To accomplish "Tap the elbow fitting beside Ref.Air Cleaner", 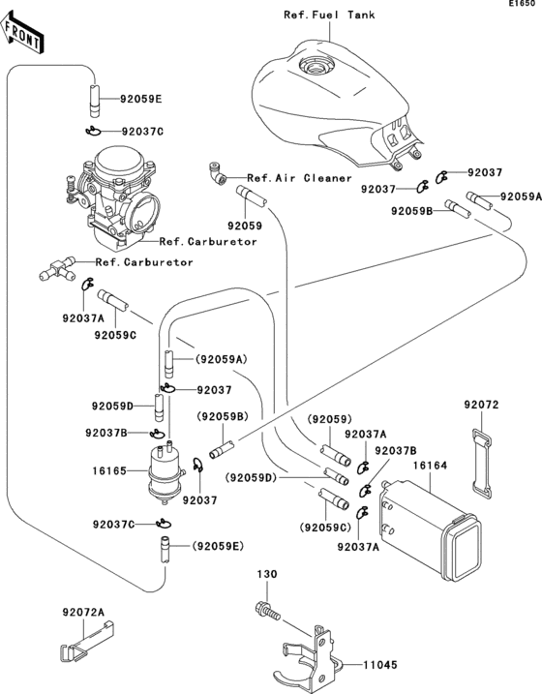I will (218, 173).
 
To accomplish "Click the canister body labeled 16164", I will (426, 528).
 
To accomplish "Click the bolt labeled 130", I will (267, 612).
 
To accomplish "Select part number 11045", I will (381, 667).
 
